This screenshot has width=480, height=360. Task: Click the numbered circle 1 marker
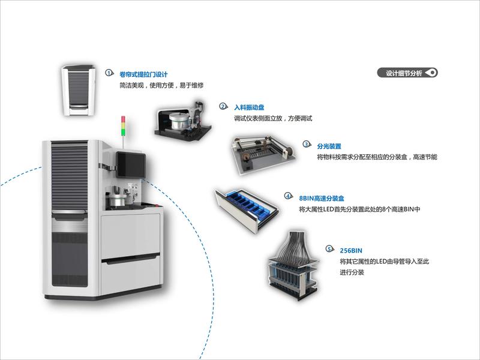(x=109, y=73)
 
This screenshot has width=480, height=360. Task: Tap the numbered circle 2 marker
(x=223, y=106)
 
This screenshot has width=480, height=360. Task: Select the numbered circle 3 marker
(x=306, y=145)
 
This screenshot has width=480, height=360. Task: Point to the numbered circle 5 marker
(x=329, y=248)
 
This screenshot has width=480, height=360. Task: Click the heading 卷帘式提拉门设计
(x=143, y=74)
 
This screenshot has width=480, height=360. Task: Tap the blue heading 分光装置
(x=329, y=146)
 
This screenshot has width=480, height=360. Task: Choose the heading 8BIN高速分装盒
(x=321, y=197)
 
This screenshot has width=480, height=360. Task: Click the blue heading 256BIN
(x=351, y=250)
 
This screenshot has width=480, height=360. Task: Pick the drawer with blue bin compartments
(x=248, y=207)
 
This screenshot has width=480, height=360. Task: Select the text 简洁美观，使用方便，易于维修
(x=161, y=86)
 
